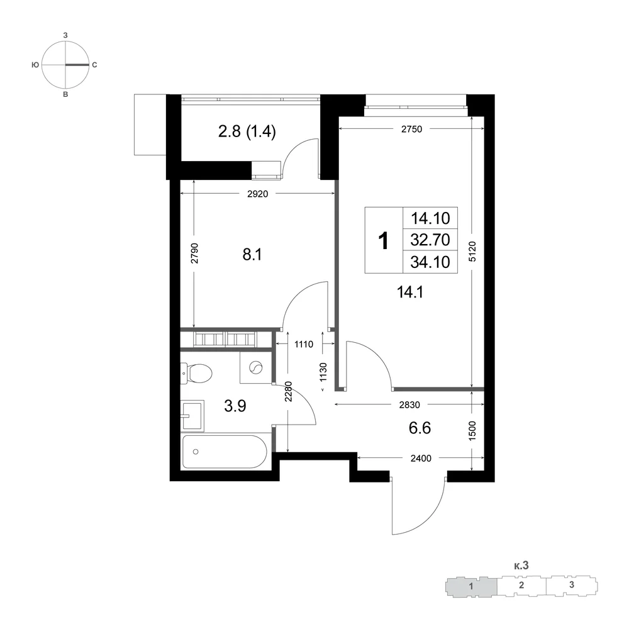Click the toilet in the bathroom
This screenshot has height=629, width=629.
(x=196, y=374)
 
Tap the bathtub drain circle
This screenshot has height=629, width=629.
(x=196, y=452)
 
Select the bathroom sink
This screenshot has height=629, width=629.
(x=192, y=416)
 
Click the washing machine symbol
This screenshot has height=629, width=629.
(x=256, y=367)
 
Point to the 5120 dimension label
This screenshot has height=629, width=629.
(x=472, y=252)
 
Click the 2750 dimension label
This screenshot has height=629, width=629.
(x=411, y=129)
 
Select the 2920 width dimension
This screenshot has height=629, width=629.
(x=257, y=194)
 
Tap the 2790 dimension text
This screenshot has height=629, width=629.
(x=194, y=253)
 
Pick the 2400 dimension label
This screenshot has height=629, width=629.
(x=421, y=458)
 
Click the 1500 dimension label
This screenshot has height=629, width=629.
(x=472, y=431)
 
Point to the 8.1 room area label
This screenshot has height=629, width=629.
(x=252, y=255)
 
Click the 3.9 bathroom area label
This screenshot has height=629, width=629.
(x=235, y=406)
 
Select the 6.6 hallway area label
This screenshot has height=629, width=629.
(x=420, y=428)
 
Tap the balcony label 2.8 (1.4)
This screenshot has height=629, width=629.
(x=247, y=131)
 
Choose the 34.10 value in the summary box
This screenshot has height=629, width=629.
(x=430, y=262)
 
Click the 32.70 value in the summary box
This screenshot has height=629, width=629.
(x=430, y=240)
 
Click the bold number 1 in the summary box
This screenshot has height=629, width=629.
(x=384, y=241)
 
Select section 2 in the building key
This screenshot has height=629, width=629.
(x=521, y=585)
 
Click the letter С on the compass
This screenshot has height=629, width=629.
(x=95, y=65)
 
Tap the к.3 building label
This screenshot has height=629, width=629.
(x=521, y=565)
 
